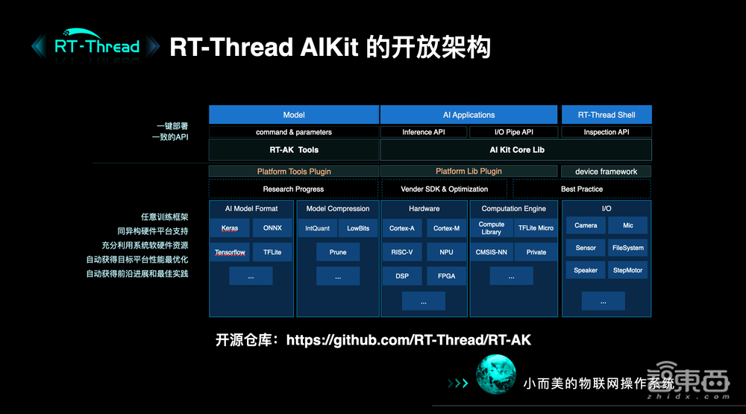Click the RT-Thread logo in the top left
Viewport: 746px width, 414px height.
pos(96,46)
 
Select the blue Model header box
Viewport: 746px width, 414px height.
pos(294,115)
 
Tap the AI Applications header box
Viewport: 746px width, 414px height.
pos(468,115)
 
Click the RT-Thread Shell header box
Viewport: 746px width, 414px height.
pos(606,115)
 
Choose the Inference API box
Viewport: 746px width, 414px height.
pos(423,132)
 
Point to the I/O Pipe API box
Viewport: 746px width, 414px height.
pos(513,132)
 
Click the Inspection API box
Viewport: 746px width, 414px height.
pos(606,132)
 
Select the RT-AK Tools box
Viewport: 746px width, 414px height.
pos(294,150)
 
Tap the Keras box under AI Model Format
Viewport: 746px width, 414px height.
pos(230,228)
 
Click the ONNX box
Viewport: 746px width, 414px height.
pos(272,228)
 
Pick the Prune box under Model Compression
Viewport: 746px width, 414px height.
pos(338,252)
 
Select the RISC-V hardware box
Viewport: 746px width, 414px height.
pos(401,252)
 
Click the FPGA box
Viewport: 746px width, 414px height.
pos(446,276)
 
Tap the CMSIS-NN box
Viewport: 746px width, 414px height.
pos(491,252)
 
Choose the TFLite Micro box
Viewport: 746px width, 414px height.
pos(536,228)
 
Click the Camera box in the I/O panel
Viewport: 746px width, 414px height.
pos(586,225)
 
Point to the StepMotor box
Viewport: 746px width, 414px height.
pos(627,270)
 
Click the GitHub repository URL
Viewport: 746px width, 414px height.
pos(408,340)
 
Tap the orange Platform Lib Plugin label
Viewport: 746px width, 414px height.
pos(468,171)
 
